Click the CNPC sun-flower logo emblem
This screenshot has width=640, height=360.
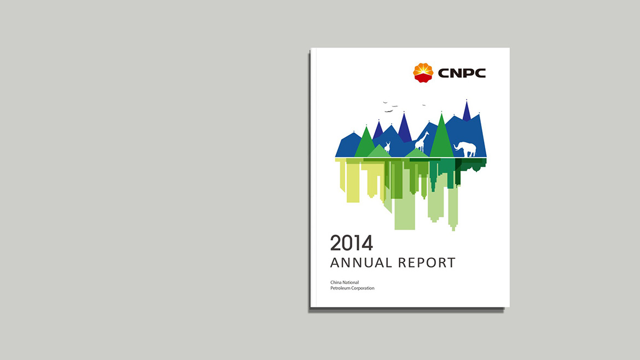423,73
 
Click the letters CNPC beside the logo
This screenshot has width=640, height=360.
462,73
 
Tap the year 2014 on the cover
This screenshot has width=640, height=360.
351,243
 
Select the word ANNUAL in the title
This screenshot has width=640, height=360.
361,263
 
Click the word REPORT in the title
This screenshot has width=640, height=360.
427,263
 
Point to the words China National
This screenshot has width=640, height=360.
345,282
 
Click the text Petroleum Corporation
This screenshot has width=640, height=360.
352,288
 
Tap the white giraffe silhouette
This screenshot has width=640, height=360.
422,142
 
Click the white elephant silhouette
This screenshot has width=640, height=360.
466,149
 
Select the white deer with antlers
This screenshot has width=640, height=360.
387,147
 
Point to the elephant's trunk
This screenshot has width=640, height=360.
456,147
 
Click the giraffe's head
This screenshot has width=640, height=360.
427,133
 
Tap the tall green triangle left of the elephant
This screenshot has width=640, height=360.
441,137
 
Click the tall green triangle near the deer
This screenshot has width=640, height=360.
365,143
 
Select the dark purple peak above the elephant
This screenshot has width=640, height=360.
467,112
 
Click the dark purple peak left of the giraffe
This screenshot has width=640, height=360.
404,129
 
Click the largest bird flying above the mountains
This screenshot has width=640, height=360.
388,111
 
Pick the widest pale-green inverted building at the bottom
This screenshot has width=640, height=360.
404,213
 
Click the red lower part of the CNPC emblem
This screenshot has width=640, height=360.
423,78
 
